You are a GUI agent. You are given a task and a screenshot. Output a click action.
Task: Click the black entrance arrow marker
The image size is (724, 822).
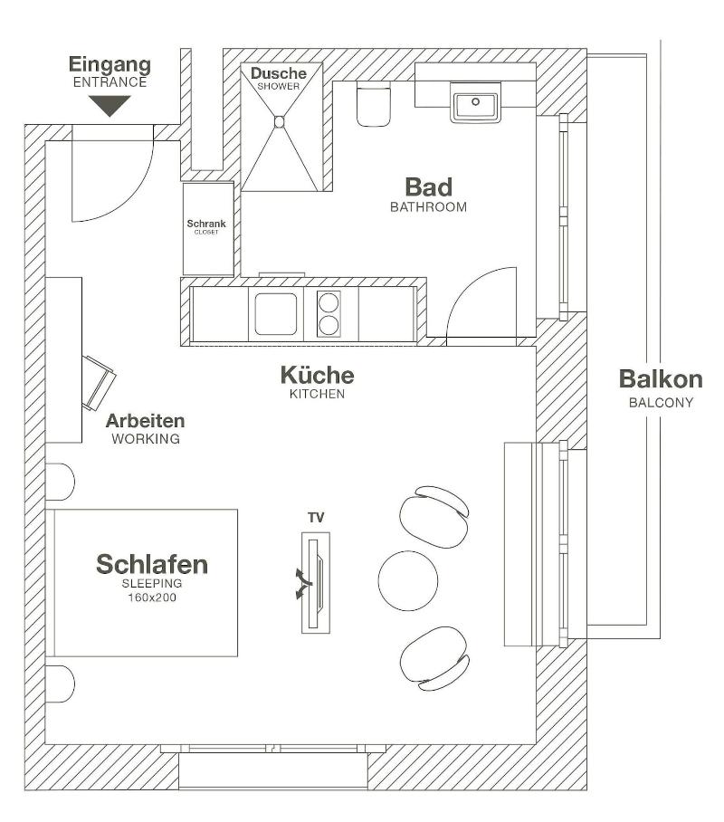tap(110, 105)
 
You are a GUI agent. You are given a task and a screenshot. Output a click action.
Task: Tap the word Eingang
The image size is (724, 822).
tap(110, 65)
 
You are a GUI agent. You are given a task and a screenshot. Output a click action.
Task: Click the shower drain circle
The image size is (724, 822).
tap(280, 122)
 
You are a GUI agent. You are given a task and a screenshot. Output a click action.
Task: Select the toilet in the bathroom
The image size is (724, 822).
tap(373, 104)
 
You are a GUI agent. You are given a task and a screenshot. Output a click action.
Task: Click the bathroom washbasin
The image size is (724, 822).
tap(475, 103)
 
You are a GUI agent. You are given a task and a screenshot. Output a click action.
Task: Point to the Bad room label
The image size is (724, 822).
tap(428, 187)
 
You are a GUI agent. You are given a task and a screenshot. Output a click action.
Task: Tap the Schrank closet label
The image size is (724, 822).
tap(206, 224)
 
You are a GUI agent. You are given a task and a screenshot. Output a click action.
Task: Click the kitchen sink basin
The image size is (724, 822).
tap(276, 313)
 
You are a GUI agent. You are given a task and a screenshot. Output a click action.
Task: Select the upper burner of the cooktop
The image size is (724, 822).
tap(329, 302)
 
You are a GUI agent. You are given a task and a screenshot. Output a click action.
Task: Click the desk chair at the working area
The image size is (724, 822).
tap(98, 383)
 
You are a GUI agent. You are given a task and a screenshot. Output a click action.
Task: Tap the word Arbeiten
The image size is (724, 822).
tap(145, 421)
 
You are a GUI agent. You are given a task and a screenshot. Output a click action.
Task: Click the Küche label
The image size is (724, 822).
tap(317, 376)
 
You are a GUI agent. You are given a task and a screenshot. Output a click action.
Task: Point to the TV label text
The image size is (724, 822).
tap(316, 518)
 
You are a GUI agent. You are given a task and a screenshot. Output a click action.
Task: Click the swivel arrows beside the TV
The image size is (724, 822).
tap(303, 584)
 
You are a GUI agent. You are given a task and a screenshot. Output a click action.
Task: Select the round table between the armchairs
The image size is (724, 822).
tap(408, 581)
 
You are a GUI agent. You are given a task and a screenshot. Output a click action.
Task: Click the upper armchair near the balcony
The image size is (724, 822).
tap(434, 516)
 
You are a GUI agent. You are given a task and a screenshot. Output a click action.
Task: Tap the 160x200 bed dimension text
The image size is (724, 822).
tap(152, 597)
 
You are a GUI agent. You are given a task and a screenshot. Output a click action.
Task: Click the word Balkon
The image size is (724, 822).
tap(661, 379)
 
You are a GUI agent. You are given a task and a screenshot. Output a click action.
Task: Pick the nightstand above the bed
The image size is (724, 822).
tap(60, 482)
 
